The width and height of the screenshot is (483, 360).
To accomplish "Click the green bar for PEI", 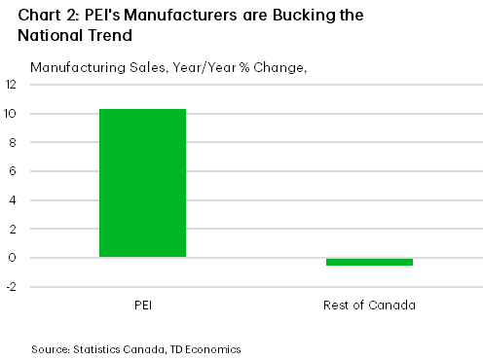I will coord(142,183).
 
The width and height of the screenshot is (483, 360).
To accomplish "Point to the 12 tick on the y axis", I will coord(11,85).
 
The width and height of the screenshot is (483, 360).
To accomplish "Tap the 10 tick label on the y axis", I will coord(11,114).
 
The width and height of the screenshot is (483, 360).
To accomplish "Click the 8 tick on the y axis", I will coord(12,143).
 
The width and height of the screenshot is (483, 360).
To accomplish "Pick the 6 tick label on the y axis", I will coord(12,171).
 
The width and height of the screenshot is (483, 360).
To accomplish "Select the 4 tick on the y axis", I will coord(12,200).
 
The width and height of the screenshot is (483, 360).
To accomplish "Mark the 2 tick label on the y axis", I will coord(12,230).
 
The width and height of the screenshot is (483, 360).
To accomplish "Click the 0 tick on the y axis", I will coord(12,258).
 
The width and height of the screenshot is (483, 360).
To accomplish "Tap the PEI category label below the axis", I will coord(142,306).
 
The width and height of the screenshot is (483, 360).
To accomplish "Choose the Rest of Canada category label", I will coord(369,306).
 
